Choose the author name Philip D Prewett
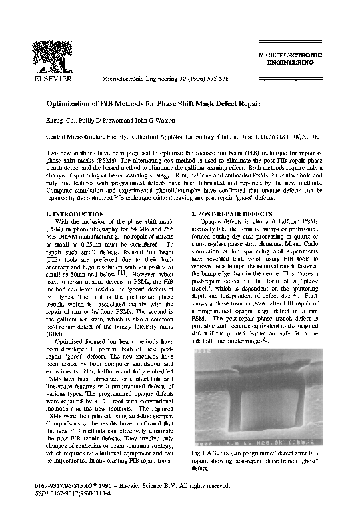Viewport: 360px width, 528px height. point(101,121)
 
